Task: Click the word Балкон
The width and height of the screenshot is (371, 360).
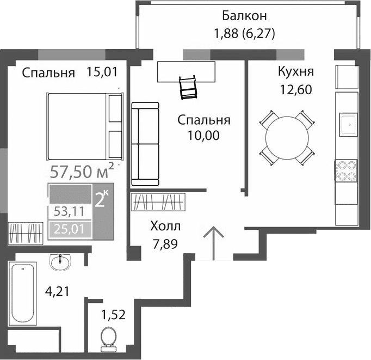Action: pyautogui.click(x=244, y=15)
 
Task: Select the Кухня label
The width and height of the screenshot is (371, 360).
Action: pyautogui.click(x=295, y=72)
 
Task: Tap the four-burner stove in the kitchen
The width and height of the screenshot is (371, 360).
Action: pyautogui.click(x=346, y=170)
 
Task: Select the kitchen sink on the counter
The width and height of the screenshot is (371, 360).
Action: pyautogui.click(x=347, y=125)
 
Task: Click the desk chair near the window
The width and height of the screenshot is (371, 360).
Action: pyautogui.click(x=188, y=87)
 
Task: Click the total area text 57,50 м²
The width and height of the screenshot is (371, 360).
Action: pyautogui.click(x=82, y=172)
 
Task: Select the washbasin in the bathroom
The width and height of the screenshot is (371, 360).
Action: pyautogui.click(x=59, y=264)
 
